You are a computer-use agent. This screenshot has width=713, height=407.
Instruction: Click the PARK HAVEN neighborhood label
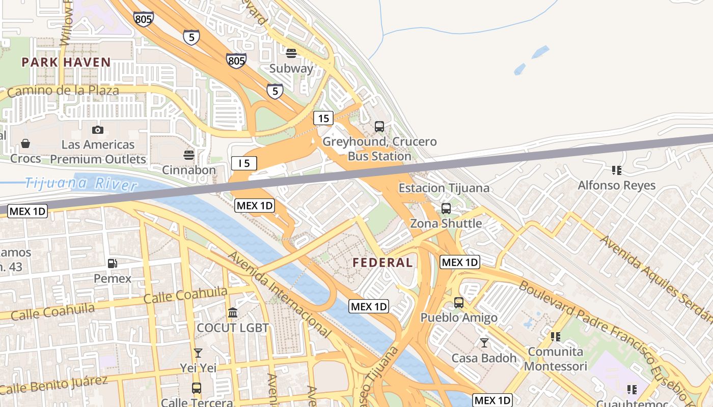point(66,63)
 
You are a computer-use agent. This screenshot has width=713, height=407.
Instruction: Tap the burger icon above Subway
point(291,53)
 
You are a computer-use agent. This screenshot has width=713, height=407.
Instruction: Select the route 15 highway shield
point(323,119)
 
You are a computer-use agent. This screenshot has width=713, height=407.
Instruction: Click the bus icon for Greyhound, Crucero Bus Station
point(379,127)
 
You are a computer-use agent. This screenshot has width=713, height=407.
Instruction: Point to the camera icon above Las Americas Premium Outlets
point(98,130)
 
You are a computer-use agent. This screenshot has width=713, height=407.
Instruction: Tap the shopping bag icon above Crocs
point(25,144)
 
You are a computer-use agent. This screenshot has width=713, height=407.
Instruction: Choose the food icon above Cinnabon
point(189,155)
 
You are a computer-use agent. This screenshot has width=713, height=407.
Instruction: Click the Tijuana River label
point(81,183)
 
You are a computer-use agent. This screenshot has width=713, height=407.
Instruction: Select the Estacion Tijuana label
point(444,188)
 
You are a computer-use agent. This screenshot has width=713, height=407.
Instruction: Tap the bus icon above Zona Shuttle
point(446,209)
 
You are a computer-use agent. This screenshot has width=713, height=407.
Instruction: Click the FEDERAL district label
point(382,263)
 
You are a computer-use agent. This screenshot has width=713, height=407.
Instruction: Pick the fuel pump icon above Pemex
point(113,264)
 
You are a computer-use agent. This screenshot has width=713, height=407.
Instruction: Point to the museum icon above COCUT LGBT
point(233,312)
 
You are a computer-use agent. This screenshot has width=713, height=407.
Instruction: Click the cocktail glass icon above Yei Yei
point(198,353)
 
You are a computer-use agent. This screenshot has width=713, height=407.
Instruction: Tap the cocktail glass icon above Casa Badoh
point(484,343)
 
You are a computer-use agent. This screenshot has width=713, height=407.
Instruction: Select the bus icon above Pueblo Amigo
point(459,303)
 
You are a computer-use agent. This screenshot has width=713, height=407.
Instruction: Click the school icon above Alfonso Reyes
point(617,170)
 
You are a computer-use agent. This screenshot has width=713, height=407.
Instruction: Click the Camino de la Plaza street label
point(63,91)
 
